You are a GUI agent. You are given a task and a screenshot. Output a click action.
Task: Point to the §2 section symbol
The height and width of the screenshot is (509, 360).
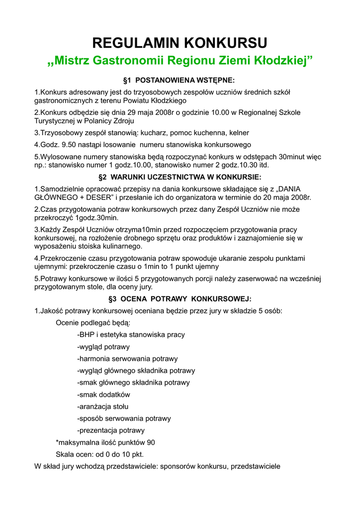pyautogui.click(x=103, y=177)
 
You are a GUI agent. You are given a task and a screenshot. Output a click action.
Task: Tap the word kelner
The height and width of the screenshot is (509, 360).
pyautogui.click(x=239, y=133)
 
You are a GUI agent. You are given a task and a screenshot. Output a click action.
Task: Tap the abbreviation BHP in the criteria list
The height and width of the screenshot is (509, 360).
pyautogui.click(x=87, y=335)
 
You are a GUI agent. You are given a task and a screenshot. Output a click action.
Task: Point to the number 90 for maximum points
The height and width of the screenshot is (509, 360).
pyautogui.click(x=150, y=442)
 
